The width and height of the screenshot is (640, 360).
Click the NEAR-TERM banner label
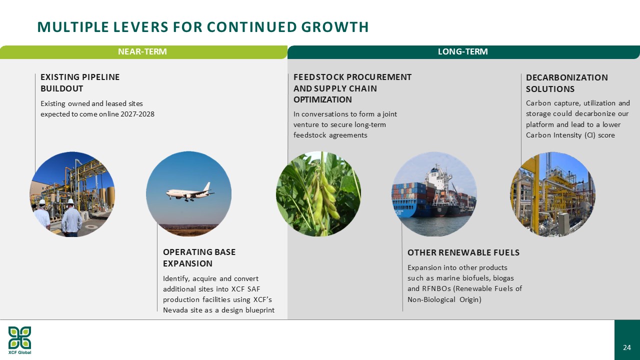[142, 51]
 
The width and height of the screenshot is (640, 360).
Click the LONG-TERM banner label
[463, 51]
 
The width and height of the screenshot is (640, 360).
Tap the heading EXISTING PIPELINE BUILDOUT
[80, 83]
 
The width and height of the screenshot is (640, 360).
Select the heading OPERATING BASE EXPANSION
[199, 257]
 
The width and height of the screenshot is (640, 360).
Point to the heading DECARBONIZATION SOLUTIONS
[567, 83]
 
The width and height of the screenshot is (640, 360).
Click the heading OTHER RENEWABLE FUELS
[463, 252]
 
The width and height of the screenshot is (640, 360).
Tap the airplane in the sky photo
[190, 192]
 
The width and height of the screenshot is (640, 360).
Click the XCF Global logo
[19, 340]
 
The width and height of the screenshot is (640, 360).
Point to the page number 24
[627, 347]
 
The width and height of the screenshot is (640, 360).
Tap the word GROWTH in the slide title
[335, 27]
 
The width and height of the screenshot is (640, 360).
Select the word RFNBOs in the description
[437, 288]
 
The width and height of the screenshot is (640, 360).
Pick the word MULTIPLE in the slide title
[73, 27]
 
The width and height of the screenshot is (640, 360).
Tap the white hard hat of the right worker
[70, 201]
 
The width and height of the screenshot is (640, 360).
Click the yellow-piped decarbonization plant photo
[553, 194]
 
